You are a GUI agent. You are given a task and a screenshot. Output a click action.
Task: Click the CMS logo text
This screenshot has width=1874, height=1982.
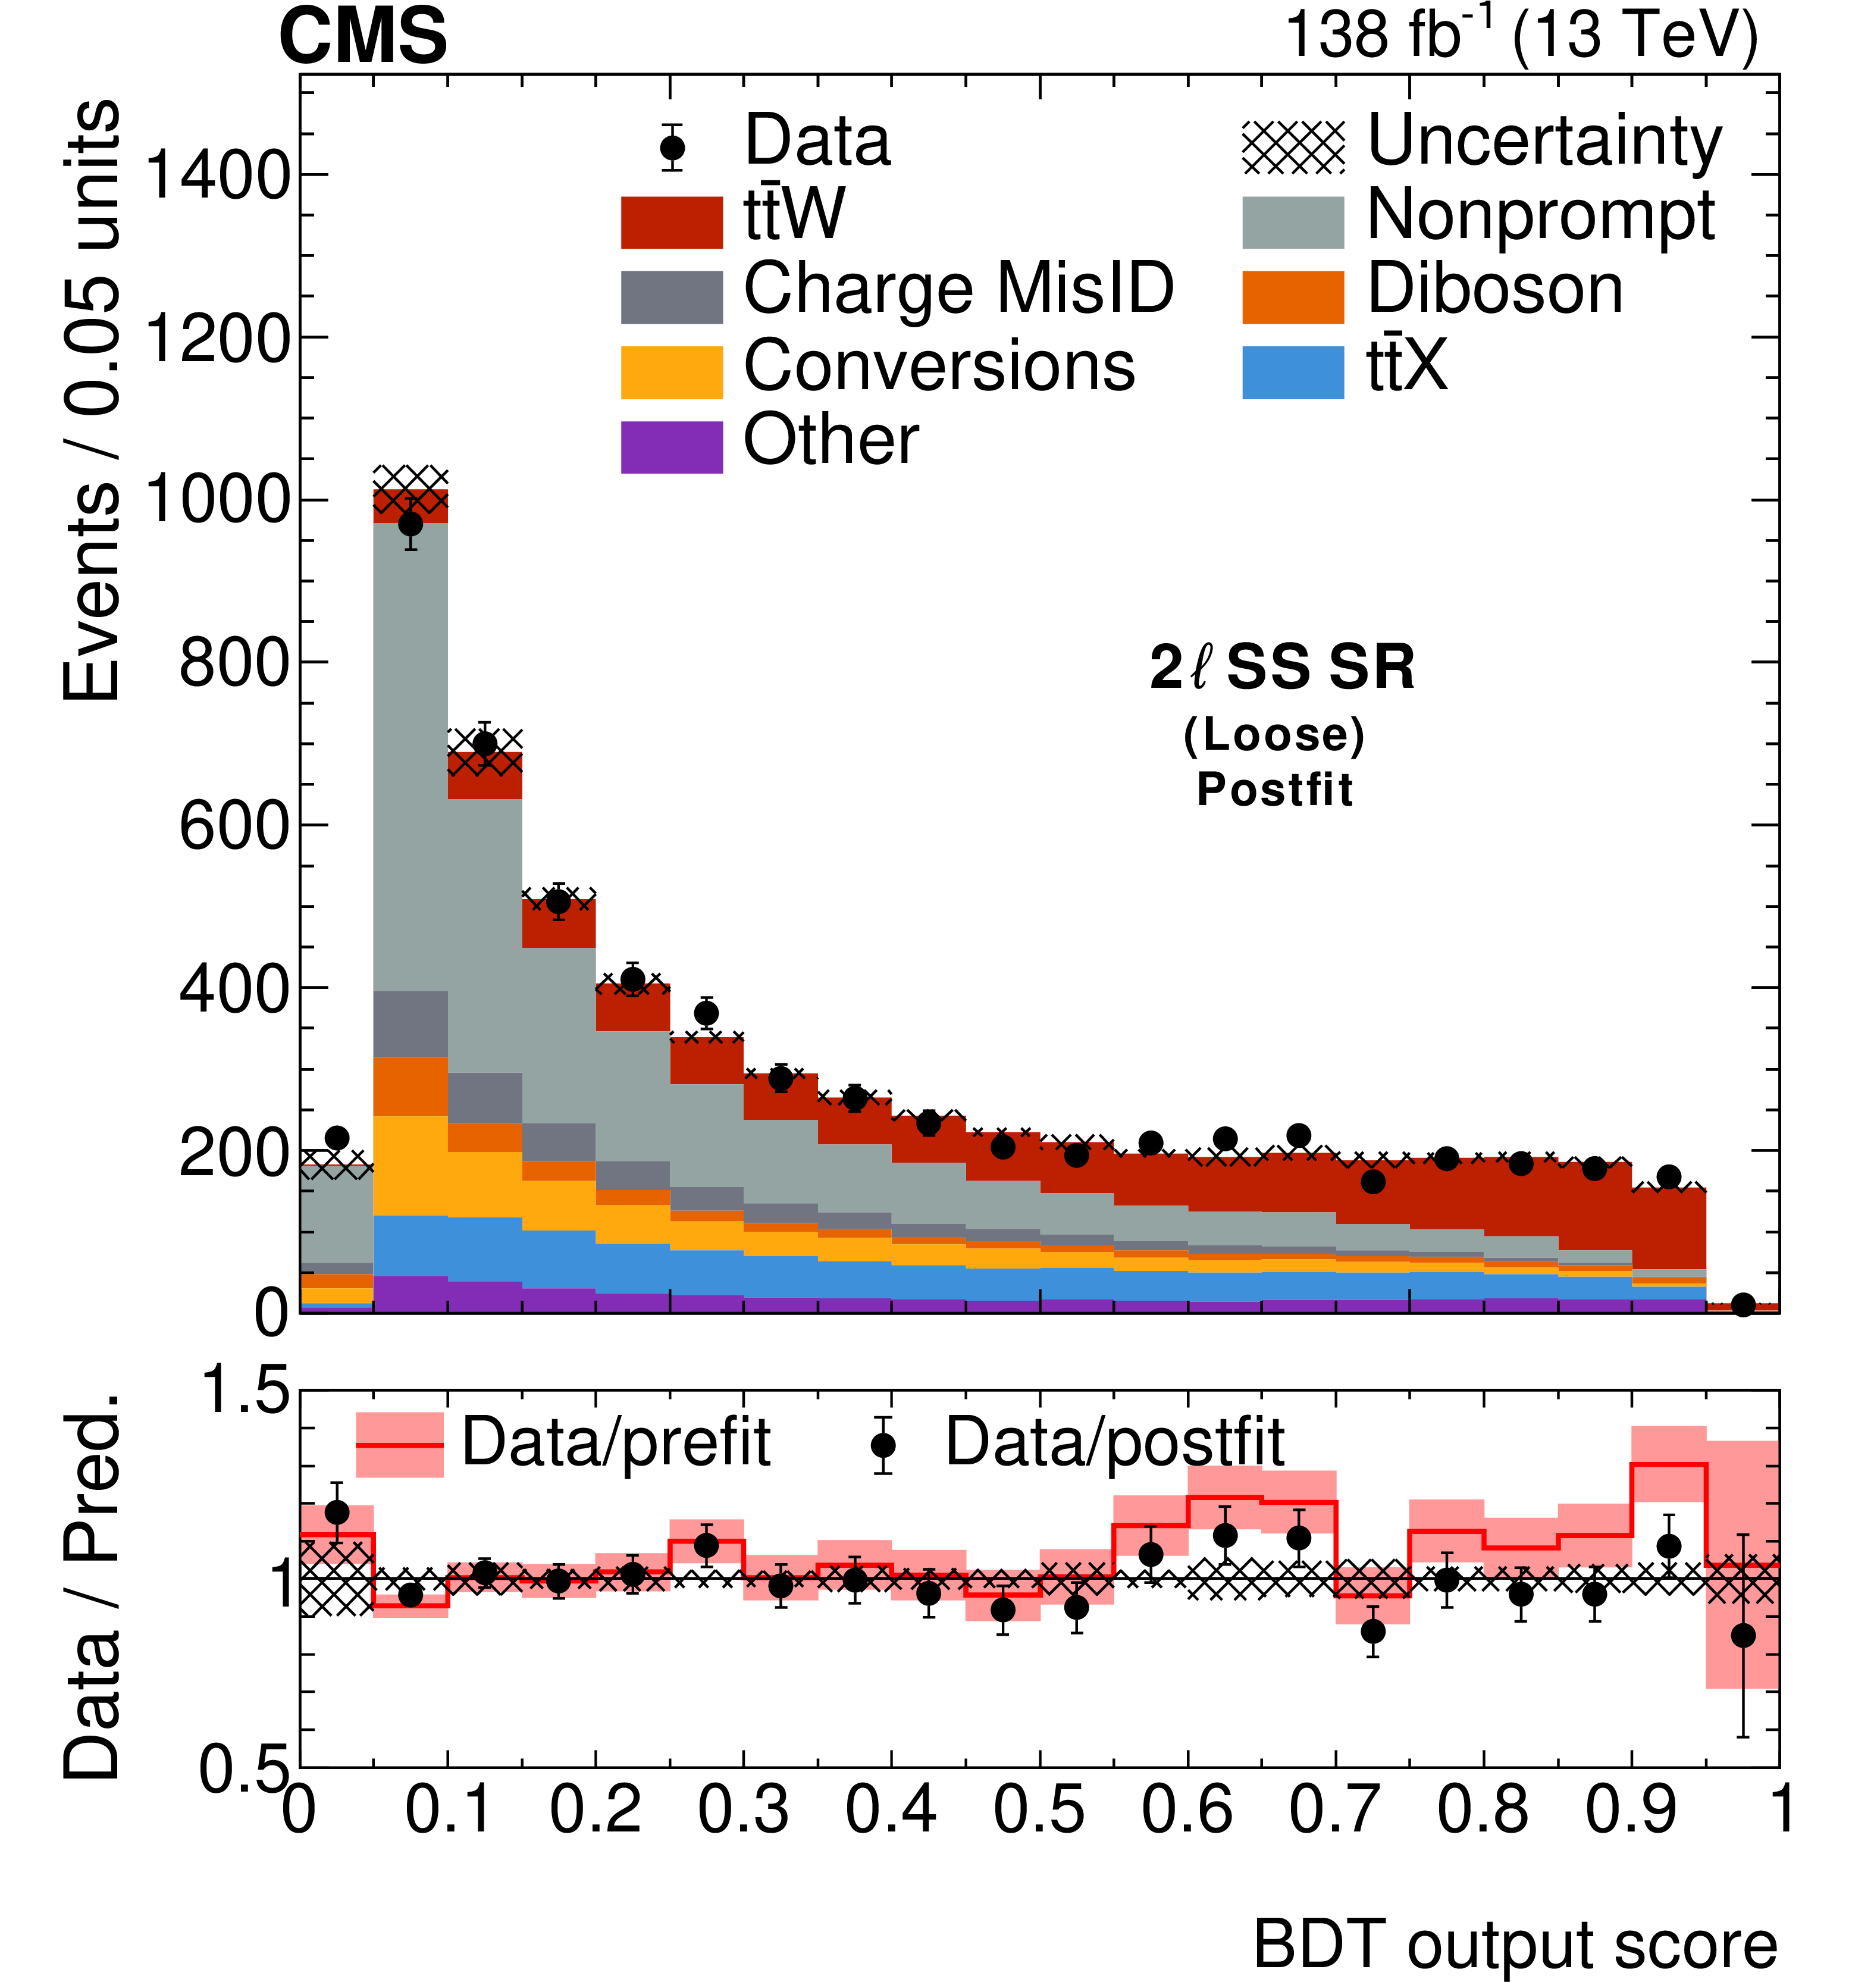point(363,36)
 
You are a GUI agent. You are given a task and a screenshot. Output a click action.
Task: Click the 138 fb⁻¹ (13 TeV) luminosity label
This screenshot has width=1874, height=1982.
point(1521,36)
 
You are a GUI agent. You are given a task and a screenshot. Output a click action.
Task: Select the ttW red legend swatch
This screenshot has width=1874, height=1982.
point(671,222)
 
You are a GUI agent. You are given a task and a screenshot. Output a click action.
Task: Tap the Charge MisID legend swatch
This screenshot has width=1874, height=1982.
point(671,297)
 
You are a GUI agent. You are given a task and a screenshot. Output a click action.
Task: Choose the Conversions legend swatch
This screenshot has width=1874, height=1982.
point(671,372)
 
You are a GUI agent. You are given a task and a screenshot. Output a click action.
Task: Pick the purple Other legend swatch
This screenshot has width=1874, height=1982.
point(671,446)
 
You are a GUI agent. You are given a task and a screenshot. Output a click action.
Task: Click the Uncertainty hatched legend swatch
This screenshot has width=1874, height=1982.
point(1293,147)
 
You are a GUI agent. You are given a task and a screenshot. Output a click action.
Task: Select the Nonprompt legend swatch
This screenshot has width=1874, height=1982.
point(1293,222)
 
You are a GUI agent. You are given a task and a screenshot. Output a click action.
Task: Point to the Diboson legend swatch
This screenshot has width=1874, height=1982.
point(1293,297)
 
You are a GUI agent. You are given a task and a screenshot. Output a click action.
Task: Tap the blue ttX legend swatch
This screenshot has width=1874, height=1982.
point(1293,372)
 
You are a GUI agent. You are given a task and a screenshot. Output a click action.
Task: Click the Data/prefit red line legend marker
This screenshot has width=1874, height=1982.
point(400,1445)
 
